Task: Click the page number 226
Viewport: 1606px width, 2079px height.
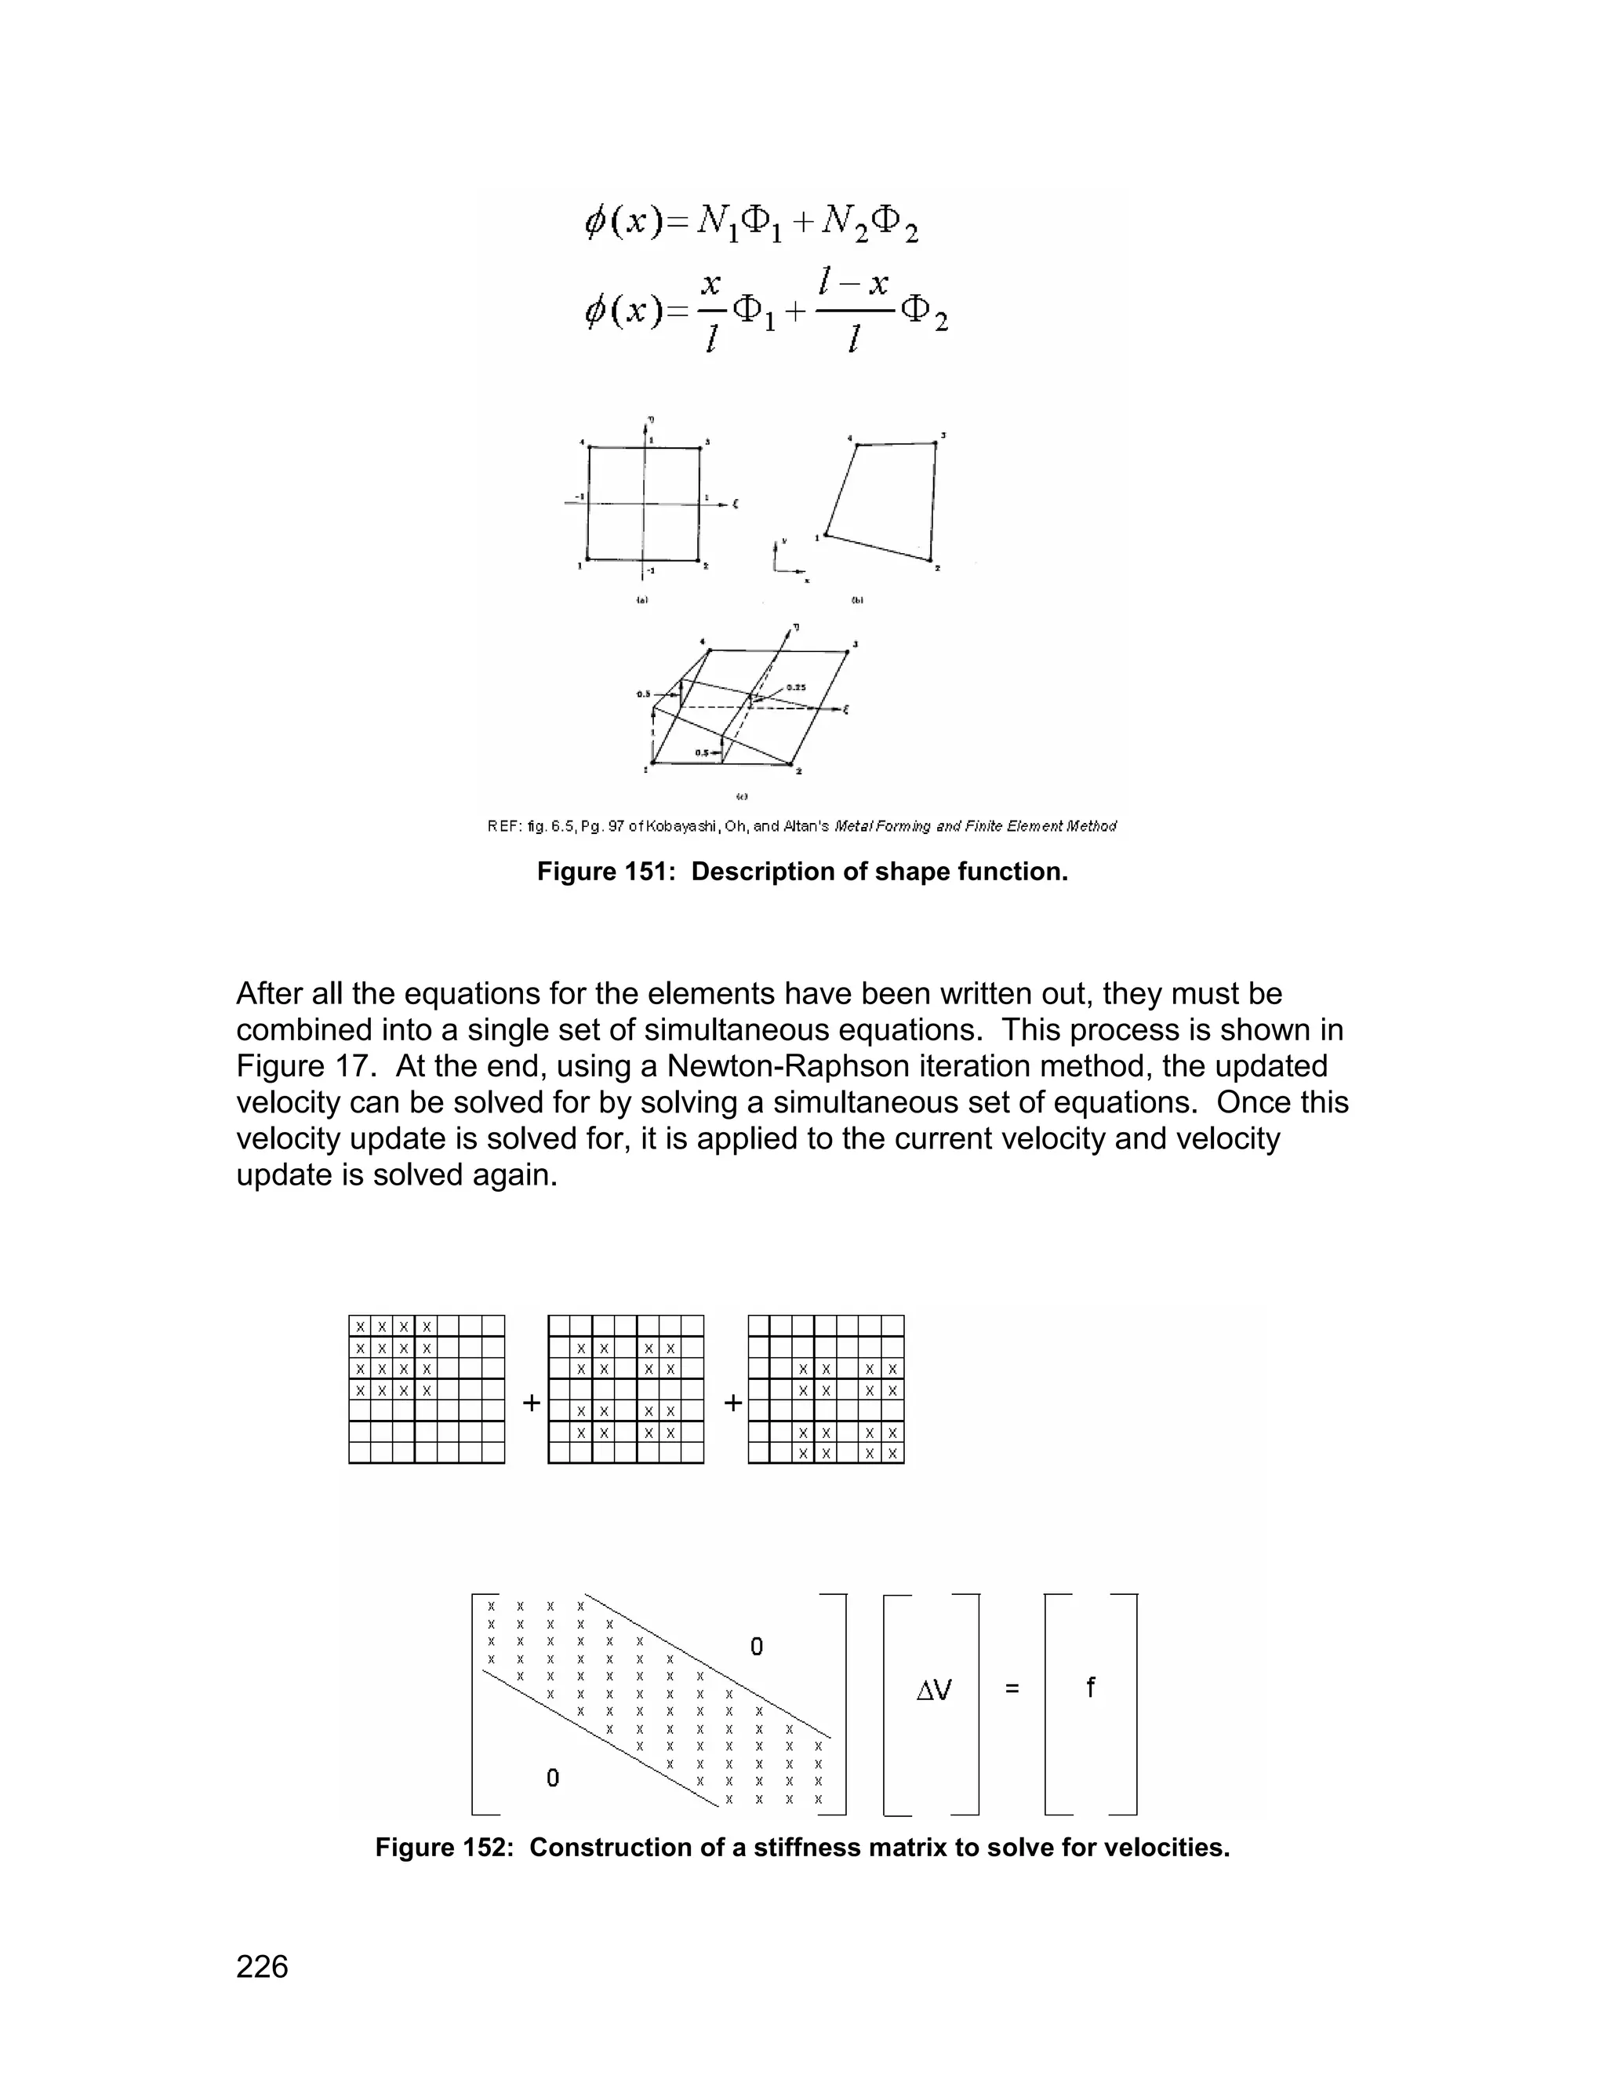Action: point(262,1966)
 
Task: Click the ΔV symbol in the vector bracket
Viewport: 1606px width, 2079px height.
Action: point(933,1691)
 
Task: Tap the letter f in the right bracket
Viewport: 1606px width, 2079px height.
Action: point(1090,1688)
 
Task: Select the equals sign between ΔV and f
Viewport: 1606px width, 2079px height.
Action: point(1012,1690)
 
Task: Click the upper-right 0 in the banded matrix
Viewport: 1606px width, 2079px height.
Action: point(757,1647)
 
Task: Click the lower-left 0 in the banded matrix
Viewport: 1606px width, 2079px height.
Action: point(553,1777)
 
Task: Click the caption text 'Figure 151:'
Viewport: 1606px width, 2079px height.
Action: point(608,872)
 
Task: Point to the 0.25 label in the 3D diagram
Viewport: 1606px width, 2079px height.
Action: point(797,687)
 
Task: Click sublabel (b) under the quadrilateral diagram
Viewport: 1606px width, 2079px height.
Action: point(856,601)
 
